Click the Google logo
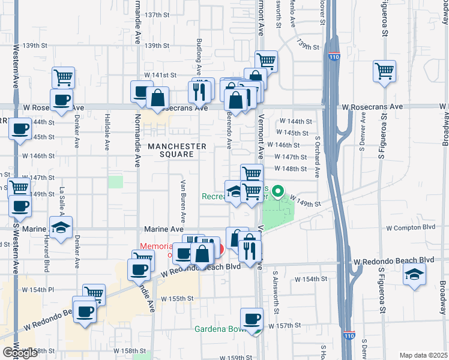pos(20,353)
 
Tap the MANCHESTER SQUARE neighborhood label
pos(177,150)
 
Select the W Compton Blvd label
pos(410,228)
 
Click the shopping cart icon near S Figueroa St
pos(384,70)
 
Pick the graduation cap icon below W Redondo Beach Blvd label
pos(414,275)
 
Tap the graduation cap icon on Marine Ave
pos(61,227)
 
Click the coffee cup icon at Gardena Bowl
pos(252,319)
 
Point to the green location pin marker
pos(277,193)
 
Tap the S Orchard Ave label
pos(318,154)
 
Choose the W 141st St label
pos(160,75)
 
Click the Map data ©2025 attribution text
pos(423,355)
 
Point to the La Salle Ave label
pos(61,201)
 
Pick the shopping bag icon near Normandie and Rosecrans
pos(157,98)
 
